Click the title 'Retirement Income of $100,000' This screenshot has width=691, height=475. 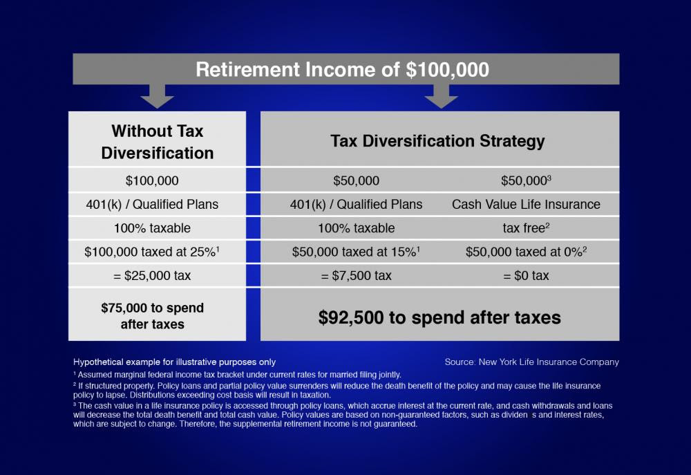pyautogui.click(x=343, y=70)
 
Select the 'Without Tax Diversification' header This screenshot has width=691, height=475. pyautogui.click(x=158, y=142)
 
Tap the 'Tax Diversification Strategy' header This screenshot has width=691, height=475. pyautogui.click(x=437, y=142)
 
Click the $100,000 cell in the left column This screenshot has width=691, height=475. pyautogui.click(x=152, y=181)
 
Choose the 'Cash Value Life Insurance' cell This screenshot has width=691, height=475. pyautogui.click(x=526, y=205)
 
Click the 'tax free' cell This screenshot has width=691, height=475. pyautogui.click(x=526, y=228)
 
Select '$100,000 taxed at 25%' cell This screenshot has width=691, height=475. pyautogui.click(x=152, y=252)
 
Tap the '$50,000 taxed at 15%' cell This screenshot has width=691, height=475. pyautogui.click(x=357, y=252)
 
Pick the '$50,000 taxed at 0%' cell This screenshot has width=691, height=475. pyautogui.click(x=526, y=252)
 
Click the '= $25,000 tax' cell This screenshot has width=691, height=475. pyautogui.click(x=152, y=275)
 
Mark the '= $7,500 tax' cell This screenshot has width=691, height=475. pyautogui.click(x=356, y=275)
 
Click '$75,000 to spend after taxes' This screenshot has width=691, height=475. pyautogui.click(x=153, y=315)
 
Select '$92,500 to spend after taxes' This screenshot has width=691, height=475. pyautogui.click(x=439, y=317)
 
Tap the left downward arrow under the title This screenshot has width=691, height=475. pyautogui.click(x=158, y=97)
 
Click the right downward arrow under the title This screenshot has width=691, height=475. pyautogui.click(x=441, y=97)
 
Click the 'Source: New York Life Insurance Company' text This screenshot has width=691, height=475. pyautogui.click(x=532, y=362)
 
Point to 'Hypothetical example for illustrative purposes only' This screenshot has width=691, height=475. pyautogui.click(x=174, y=362)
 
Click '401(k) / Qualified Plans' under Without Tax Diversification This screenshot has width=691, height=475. pyautogui.click(x=152, y=205)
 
